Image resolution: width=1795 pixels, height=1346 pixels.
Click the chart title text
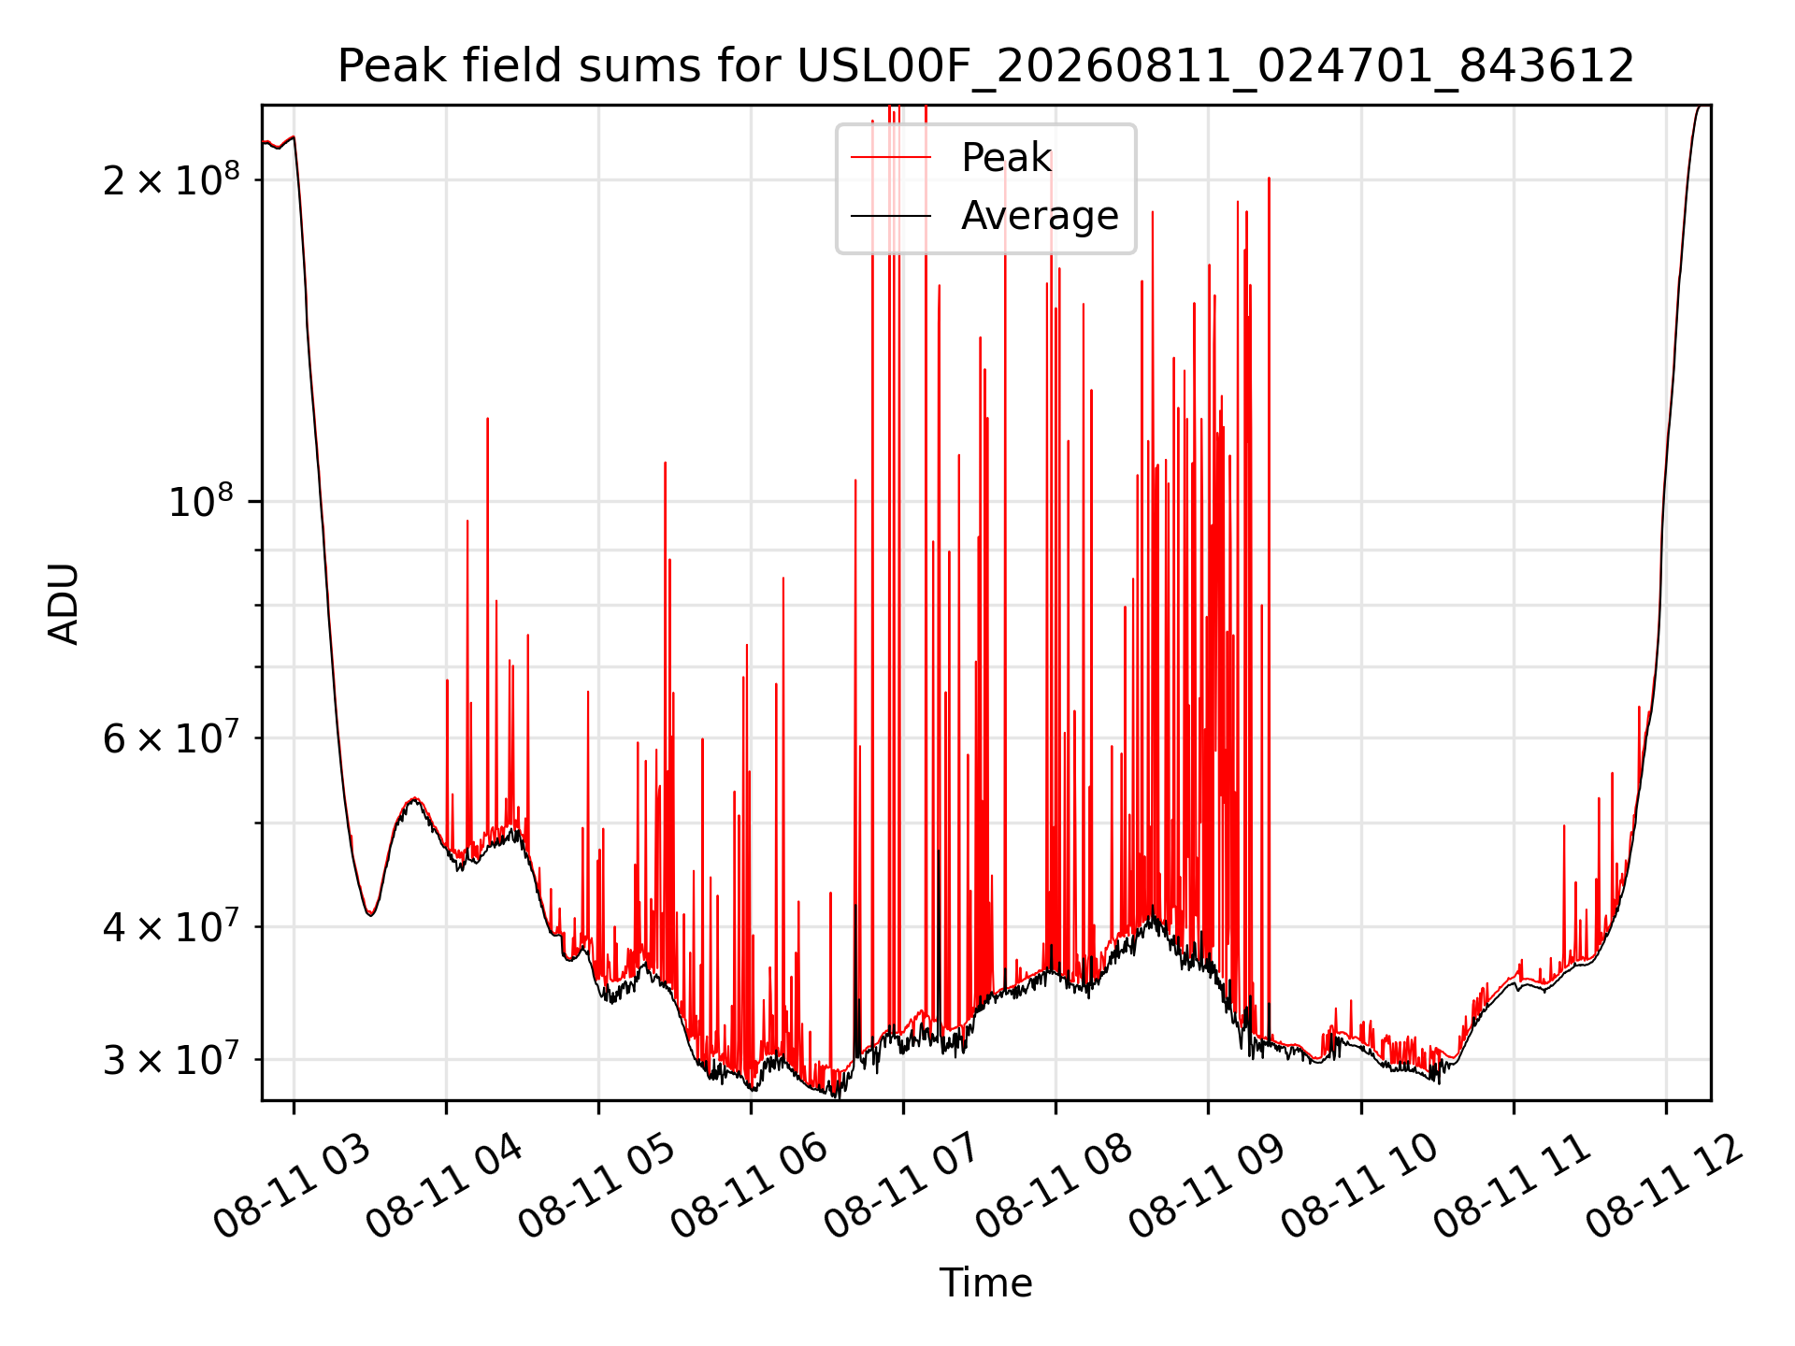click(985, 66)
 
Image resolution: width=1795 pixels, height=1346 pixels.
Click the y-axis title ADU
click(64, 603)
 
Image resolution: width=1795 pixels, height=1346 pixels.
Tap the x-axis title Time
click(985, 1282)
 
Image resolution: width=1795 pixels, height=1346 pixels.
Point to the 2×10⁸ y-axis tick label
click(171, 179)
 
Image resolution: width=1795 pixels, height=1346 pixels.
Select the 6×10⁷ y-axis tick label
click(171, 737)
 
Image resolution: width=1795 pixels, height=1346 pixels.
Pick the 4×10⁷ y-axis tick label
click(171, 926)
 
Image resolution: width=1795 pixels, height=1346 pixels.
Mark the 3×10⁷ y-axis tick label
click(171, 1059)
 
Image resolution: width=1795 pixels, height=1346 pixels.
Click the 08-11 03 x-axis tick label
click(293, 1185)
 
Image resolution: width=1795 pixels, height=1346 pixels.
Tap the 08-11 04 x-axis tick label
click(445, 1185)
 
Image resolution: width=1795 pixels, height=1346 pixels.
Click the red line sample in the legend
click(891, 158)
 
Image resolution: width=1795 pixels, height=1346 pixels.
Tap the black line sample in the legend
click(891, 216)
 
